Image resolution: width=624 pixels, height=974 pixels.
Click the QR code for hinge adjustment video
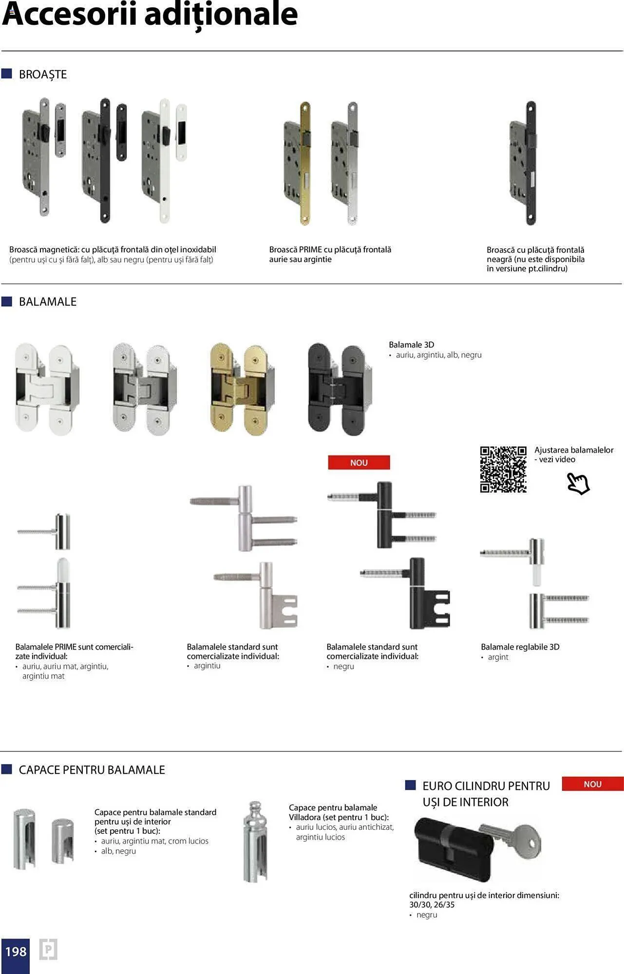503,469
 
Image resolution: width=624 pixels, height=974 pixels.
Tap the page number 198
16,952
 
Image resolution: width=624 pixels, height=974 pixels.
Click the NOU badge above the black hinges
359,463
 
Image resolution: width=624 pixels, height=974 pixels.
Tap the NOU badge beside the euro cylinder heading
592,784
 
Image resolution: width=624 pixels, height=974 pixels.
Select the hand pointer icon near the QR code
578,484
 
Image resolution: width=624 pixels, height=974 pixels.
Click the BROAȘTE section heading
43,75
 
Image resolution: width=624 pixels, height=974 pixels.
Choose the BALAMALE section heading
48,302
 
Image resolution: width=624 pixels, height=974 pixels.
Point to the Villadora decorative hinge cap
255,842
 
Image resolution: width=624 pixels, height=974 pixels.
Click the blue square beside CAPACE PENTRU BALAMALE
7,769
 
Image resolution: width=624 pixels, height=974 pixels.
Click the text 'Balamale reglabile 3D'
520,647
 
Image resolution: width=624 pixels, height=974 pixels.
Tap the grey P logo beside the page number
48,949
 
